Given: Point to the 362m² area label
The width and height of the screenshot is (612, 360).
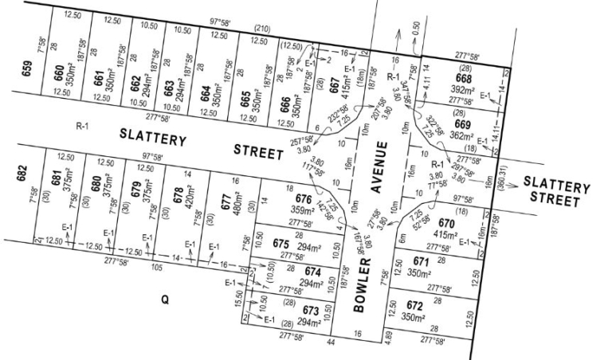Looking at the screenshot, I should click(463, 136).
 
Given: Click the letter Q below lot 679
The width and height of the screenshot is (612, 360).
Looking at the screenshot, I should click(165, 300).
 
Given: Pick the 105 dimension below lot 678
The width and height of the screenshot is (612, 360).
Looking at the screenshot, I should click(156, 268).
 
